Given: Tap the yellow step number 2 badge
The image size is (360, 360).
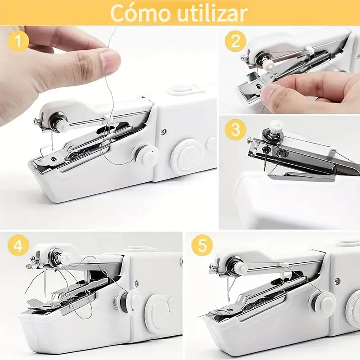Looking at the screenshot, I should pyautogui.click(x=236, y=41).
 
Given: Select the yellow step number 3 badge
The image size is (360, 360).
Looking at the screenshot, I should pyautogui.click(x=236, y=130).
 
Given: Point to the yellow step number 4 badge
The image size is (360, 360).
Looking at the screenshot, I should pyautogui.click(x=18, y=247).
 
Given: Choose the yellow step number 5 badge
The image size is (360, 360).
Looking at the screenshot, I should pyautogui.click(x=202, y=247).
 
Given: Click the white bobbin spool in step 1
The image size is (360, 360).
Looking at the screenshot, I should pyautogui.click(x=146, y=154).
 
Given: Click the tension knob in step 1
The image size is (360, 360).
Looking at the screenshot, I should pyautogui.click(x=61, y=123).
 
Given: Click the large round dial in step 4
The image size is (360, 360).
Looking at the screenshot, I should pyautogui.click(x=157, y=310).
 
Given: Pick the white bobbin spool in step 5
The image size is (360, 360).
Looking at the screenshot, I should pyautogui.click(x=322, y=303).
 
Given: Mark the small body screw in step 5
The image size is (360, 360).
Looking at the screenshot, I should pyautogui.click(x=337, y=281).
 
